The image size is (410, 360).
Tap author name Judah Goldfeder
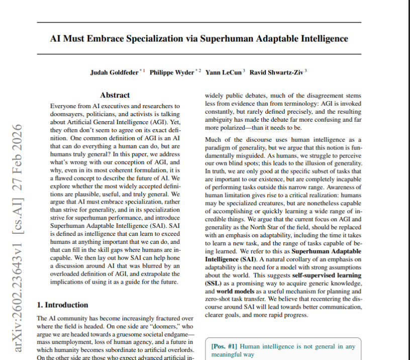[x=114, y=72]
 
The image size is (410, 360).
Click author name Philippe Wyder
[x=172, y=72]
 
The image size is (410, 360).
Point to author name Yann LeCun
[x=224, y=72]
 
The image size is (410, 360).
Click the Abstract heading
[x=115, y=95]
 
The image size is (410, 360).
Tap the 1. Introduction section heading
[x=63, y=305]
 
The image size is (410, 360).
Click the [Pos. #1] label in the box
[x=224, y=346]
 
